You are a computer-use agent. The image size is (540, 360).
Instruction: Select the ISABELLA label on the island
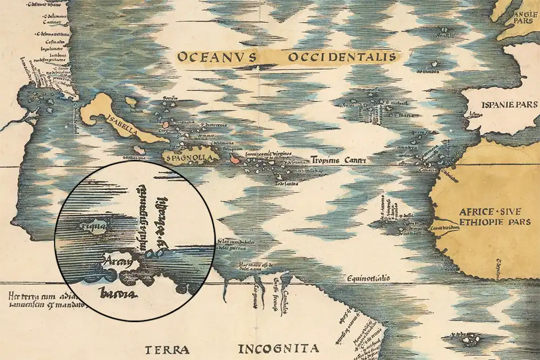point(123,126)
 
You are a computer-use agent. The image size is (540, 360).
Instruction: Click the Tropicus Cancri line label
point(339,160)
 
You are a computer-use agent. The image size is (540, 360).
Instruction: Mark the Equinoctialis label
point(368,279)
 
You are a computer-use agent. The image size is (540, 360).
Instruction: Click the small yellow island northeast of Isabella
point(130,101)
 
